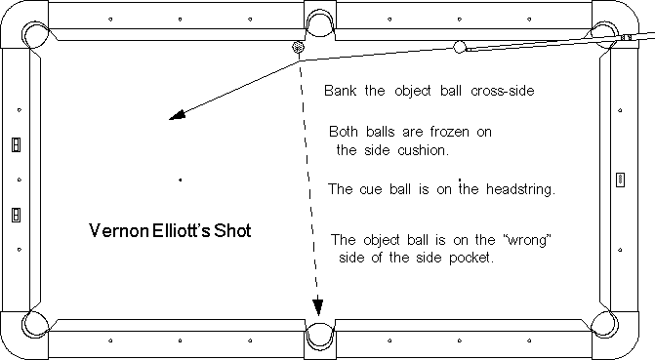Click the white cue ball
[x=460, y=47]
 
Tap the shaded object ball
[x=298, y=47]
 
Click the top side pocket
[x=320, y=23]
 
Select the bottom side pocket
[x=320, y=337]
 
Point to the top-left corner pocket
[x=35, y=35]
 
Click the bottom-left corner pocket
[x=35, y=324]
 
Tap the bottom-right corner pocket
[x=605, y=324]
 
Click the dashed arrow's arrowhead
[x=318, y=306]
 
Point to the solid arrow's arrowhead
[x=177, y=115]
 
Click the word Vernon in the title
[x=119, y=230]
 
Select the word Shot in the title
[x=232, y=230]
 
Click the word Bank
[x=340, y=91]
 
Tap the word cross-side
[x=503, y=91]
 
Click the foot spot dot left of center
[x=181, y=180]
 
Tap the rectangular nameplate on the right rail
[x=620, y=180]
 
